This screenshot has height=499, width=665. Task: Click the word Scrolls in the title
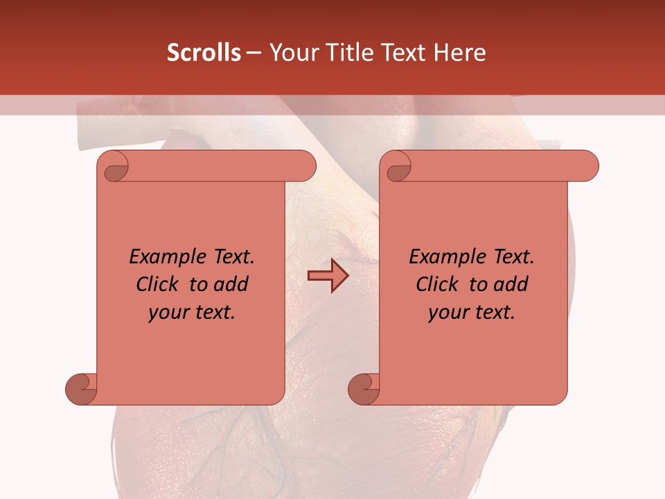204,53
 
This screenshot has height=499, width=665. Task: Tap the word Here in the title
459,53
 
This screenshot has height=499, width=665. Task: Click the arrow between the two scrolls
328,275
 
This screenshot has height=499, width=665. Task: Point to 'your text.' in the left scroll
192,313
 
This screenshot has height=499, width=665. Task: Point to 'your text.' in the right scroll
472,313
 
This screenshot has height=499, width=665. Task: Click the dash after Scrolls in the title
254,53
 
